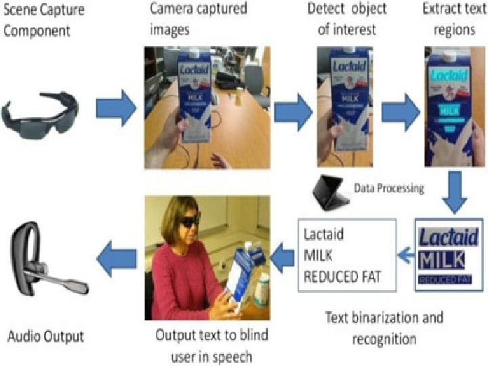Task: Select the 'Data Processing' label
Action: coord(389,188)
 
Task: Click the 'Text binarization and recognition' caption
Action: coord(384,327)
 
